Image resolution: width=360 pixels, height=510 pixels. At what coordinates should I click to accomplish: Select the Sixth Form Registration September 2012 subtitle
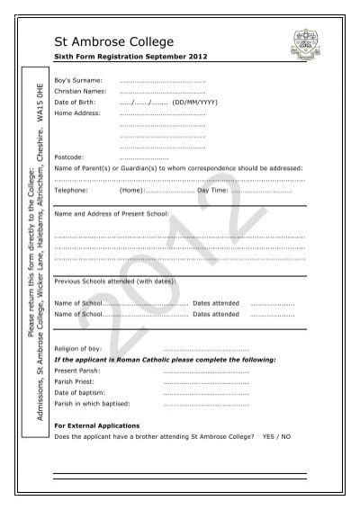pyautogui.click(x=121, y=58)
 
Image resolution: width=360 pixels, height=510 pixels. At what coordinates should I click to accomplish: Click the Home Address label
pyautogui.click(x=76, y=114)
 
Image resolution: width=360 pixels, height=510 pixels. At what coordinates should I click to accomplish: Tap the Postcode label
pyautogui.click(x=69, y=157)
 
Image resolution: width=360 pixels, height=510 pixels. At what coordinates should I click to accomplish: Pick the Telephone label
pyautogui.click(x=71, y=191)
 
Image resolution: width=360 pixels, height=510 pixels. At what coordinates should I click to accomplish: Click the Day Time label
pyautogui.click(x=212, y=191)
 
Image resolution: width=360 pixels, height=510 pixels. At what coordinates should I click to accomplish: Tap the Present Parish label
pyautogui.click(x=78, y=370)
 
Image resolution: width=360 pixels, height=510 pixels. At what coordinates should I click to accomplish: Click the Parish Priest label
pyautogui.click(x=76, y=381)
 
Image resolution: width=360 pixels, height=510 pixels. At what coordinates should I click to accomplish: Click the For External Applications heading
pyautogui.click(x=97, y=425)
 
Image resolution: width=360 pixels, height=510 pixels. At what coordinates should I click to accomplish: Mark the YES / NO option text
pyautogui.click(x=276, y=435)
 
